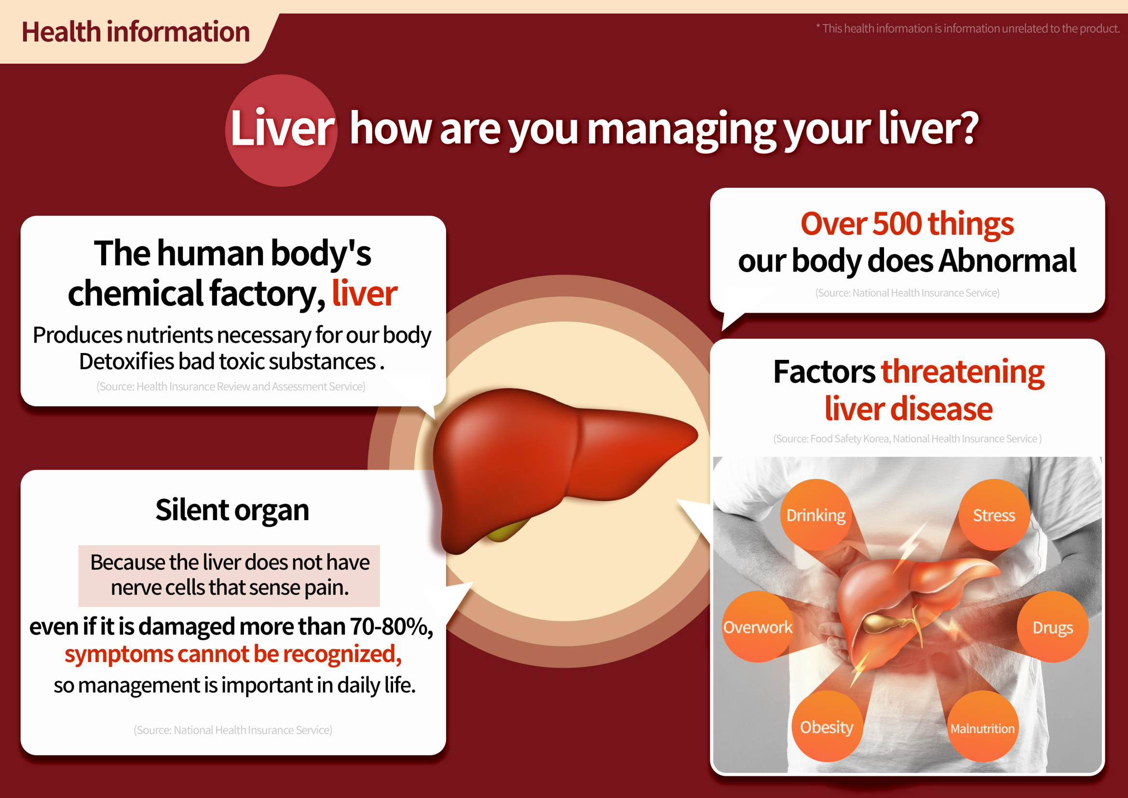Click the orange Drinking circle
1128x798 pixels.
pos(816,514)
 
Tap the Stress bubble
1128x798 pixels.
pos(994,514)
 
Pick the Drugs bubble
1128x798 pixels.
pos(1052,627)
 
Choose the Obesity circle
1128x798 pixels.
pos(828,726)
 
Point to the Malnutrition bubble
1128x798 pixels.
pos(982,726)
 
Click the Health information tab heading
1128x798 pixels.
pos(136,32)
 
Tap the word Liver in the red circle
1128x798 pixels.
pos(282,128)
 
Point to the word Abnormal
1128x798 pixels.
pos(1007,261)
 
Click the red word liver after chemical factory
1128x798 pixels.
pos(365,293)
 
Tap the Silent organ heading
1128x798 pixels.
pos(232,510)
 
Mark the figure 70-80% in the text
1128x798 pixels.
pos(392,627)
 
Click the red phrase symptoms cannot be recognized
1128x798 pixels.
pos(233,654)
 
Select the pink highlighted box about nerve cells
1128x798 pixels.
pos(229,576)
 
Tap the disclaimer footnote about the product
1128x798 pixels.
pos(968,28)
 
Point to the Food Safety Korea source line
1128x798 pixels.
pos(908,438)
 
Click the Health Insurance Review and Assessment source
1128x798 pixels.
pos(231,386)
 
